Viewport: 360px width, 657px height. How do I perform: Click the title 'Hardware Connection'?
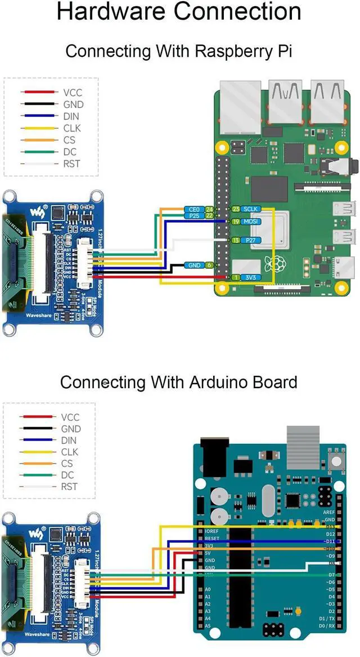(x=179, y=12)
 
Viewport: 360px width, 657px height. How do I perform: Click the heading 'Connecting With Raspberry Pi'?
(x=179, y=51)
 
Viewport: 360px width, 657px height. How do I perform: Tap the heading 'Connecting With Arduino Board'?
(x=179, y=382)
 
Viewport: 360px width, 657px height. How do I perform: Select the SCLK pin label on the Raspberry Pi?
(x=251, y=209)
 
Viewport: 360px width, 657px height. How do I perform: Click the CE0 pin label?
(x=193, y=209)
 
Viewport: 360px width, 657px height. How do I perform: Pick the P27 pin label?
(x=251, y=240)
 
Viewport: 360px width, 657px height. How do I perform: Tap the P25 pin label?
(x=193, y=215)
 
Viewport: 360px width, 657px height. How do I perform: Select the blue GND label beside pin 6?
(x=194, y=265)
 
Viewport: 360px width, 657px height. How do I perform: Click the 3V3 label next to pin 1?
(x=251, y=277)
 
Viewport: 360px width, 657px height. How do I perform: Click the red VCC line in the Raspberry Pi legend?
(x=38, y=93)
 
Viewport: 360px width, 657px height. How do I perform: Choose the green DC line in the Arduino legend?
(x=38, y=475)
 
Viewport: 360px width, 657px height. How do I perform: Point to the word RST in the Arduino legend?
(x=69, y=487)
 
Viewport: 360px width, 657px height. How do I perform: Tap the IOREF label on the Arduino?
(x=212, y=531)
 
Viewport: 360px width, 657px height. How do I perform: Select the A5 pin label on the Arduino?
(x=208, y=626)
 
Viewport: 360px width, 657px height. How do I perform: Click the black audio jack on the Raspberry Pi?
(x=349, y=165)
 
